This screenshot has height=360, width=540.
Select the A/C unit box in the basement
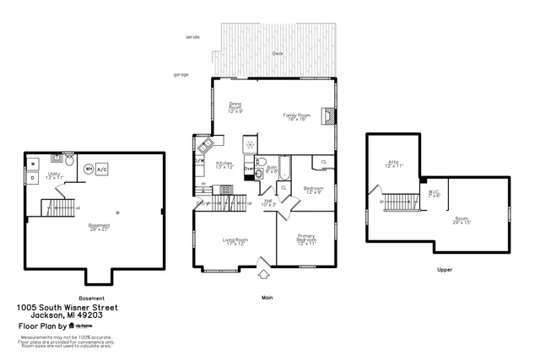pos(102,169)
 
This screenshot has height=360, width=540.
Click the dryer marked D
pos(32,178)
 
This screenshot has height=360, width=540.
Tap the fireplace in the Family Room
pos(330,116)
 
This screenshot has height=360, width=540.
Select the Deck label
pos(278,53)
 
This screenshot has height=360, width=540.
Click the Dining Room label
pos(235,108)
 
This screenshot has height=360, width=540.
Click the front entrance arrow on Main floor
pos(263,273)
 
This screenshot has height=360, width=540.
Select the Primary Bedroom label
pos(307,241)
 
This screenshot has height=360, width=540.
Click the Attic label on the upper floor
pos(393,164)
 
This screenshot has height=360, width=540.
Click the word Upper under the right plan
pos(445,271)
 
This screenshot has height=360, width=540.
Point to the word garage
pos(181,74)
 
